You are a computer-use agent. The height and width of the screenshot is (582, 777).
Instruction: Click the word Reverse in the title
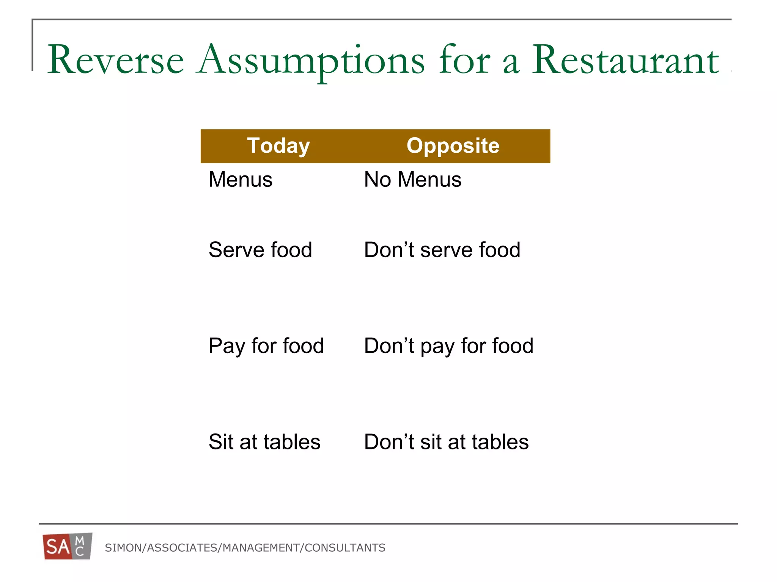[115, 60]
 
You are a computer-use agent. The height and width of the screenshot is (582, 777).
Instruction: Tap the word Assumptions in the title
[311, 61]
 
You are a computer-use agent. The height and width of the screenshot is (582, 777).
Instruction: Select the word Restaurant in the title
[625, 60]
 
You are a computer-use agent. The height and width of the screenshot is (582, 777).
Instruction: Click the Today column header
[278, 146]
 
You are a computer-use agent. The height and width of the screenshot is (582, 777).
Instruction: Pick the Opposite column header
[453, 146]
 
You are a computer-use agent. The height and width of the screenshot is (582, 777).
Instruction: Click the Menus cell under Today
[241, 179]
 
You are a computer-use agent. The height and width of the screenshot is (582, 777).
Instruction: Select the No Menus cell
[413, 179]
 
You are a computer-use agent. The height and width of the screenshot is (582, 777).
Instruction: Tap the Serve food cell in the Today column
[260, 250]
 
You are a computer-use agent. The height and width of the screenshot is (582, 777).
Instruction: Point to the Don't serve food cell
[442, 250]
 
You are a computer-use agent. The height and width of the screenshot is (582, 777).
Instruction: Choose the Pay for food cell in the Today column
[266, 346]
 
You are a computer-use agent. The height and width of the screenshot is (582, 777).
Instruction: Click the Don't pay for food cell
[448, 346]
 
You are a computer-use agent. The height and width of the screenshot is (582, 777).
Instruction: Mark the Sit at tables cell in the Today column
[264, 442]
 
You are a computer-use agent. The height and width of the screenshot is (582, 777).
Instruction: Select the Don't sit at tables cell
[446, 442]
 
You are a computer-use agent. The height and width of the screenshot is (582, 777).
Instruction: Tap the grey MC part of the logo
[80, 546]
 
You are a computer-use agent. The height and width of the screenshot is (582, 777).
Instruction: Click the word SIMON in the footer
[123, 548]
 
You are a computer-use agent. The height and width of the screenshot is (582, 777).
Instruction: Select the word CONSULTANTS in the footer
[345, 548]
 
